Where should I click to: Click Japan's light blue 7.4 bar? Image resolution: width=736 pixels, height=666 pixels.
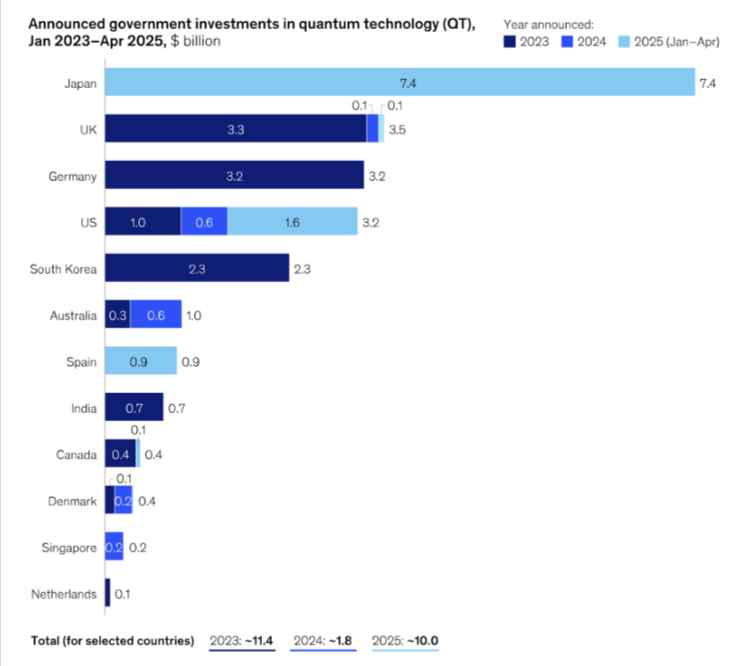pyautogui.click(x=399, y=82)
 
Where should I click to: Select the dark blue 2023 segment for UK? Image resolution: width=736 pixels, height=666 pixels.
pyautogui.click(x=235, y=129)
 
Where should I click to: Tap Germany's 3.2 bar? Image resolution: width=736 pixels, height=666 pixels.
pyautogui.click(x=233, y=176)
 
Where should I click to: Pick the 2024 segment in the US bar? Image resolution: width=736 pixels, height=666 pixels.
pyautogui.click(x=204, y=222)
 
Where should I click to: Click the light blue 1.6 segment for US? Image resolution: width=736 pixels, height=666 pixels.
pyautogui.click(x=292, y=222)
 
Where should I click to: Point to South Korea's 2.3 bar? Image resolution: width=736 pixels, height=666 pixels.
pyautogui.click(x=196, y=268)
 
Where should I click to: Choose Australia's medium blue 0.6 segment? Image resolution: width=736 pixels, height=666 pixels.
pyautogui.click(x=156, y=315)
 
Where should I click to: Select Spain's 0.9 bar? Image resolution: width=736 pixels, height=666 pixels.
pyautogui.click(x=140, y=361)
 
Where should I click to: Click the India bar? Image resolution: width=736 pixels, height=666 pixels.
pyautogui.click(x=133, y=407)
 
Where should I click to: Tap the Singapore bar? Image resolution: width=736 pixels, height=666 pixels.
pyautogui.click(x=114, y=547)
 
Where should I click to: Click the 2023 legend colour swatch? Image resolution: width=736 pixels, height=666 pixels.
pyautogui.click(x=510, y=42)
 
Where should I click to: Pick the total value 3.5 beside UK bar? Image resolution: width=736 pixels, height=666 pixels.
pyautogui.click(x=398, y=130)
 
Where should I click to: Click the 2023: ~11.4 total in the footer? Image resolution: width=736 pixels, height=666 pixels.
pyautogui.click(x=243, y=640)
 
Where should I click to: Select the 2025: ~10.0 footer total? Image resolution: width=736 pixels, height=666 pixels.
pyautogui.click(x=406, y=640)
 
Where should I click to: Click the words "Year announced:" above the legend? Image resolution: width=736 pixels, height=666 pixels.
pyautogui.click(x=546, y=22)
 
